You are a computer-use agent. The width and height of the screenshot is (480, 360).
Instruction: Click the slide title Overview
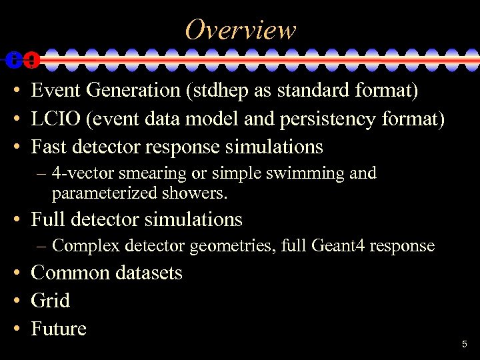coord(240,29)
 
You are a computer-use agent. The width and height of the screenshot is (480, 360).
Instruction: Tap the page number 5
coord(465,345)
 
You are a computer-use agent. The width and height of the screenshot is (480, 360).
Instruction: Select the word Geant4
coord(339,246)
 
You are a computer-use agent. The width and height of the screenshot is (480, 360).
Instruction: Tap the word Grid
coord(50,301)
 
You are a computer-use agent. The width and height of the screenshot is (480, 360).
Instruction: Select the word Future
coord(59,329)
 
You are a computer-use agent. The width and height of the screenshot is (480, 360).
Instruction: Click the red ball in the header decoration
coord(31,60)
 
